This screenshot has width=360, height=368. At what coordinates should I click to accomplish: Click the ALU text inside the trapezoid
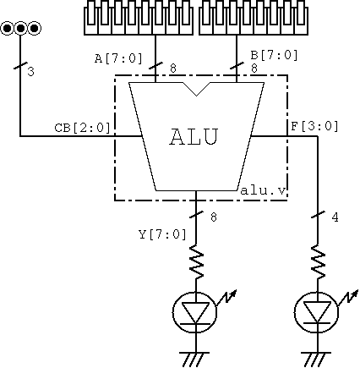194,137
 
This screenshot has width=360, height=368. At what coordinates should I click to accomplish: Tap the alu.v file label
263,190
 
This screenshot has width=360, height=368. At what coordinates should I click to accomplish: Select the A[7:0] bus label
118,58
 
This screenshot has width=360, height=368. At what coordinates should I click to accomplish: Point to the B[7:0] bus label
274,55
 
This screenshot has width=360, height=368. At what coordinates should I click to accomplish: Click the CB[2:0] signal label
82,128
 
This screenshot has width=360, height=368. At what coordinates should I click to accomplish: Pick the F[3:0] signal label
314,126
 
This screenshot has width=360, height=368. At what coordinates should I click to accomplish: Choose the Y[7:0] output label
163,234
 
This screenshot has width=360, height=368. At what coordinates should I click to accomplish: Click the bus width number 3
30,72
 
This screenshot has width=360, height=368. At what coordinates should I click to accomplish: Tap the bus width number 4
335,217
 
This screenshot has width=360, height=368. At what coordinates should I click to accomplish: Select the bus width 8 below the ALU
214,217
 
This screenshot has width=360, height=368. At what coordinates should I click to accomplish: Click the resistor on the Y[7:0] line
196,261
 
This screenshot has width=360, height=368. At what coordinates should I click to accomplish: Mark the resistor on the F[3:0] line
318,261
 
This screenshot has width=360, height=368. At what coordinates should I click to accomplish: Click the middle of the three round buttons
20,28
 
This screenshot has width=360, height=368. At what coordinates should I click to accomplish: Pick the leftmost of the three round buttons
8,28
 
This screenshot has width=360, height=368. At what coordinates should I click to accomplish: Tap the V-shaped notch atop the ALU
196,90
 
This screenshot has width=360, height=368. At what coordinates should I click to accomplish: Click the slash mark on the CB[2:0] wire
20,67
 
